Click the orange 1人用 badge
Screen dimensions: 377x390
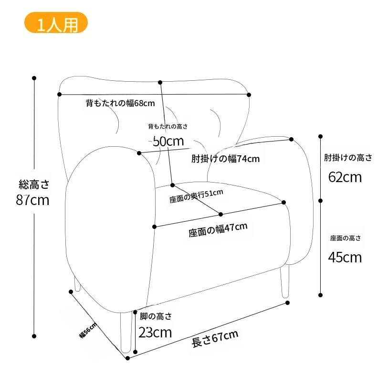[56, 22]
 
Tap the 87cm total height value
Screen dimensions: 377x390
[32, 200]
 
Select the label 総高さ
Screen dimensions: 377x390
[34, 184]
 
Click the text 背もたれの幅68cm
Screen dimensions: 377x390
[120, 103]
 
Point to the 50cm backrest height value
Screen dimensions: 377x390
[168, 141]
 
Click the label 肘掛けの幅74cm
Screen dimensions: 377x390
[225, 159]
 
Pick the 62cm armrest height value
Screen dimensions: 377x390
[345, 177]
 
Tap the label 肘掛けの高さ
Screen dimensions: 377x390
[348, 158]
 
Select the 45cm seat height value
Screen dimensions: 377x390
[345, 258]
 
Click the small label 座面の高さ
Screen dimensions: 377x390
[345, 238]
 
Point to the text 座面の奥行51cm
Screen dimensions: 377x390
[196, 196]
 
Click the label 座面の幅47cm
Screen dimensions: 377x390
[218, 230]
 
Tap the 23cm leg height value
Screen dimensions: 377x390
[155, 332]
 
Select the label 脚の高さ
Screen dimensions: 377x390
[156, 316]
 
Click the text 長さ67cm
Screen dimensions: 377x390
[215, 338]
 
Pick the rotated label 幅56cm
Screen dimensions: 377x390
[88, 330]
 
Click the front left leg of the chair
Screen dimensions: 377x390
[126, 332]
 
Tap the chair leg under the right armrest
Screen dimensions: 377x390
[285, 282]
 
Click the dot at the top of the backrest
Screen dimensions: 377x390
[160, 82]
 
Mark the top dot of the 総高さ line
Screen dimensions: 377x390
[34, 78]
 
